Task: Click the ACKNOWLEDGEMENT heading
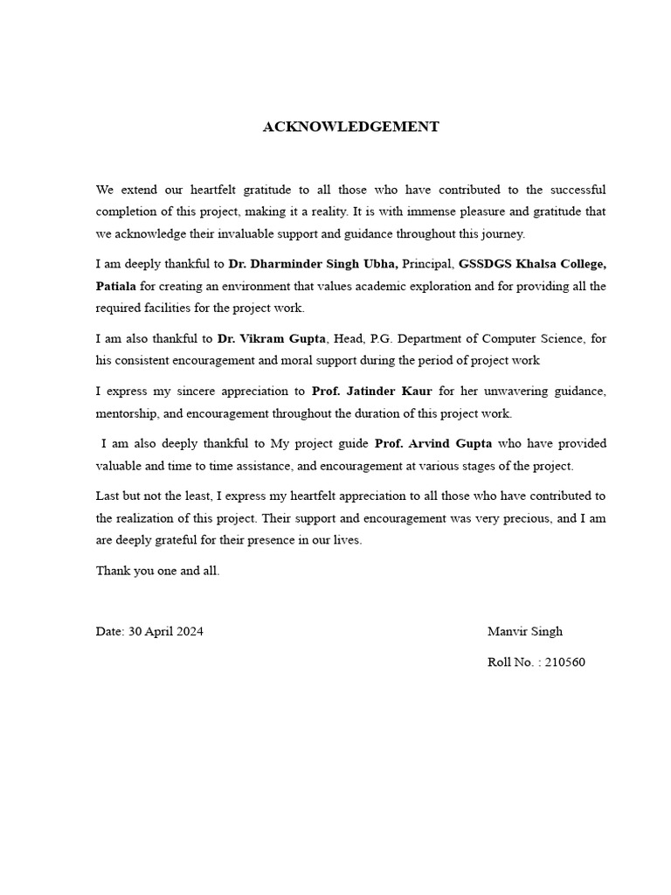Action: [350, 127]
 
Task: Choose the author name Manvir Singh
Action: [524, 631]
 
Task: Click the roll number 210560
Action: [564, 662]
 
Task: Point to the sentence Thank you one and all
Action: [157, 571]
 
